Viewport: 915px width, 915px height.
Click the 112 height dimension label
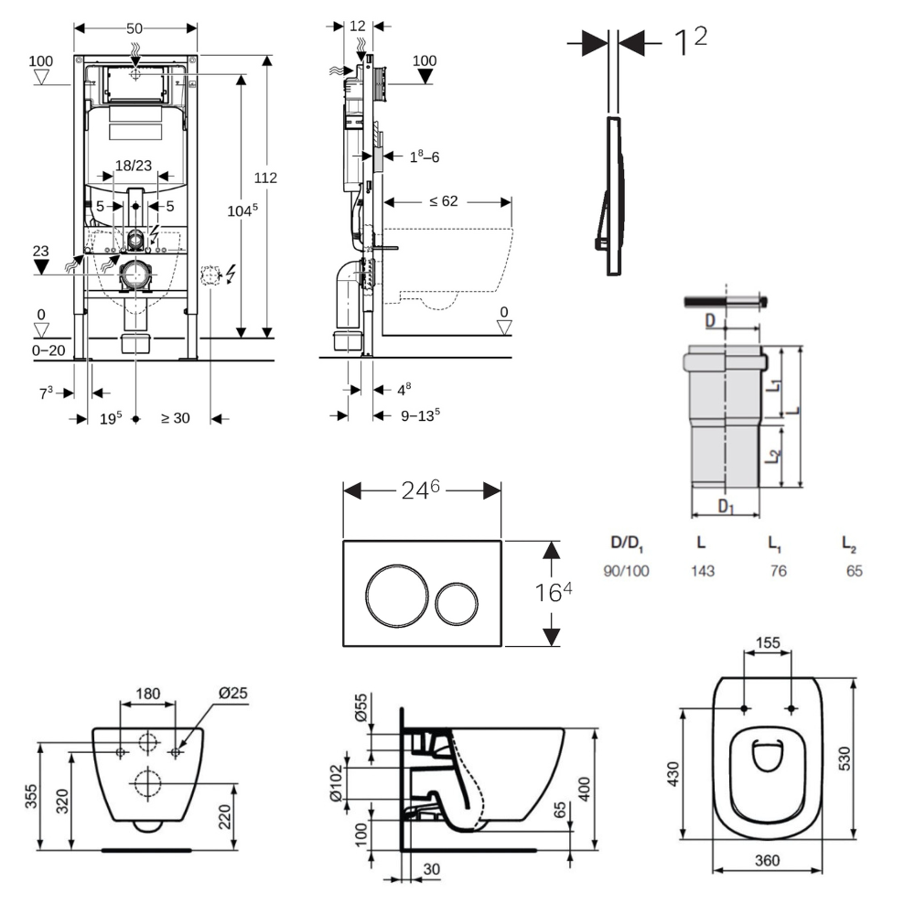(266, 178)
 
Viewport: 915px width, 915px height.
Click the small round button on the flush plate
(456, 601)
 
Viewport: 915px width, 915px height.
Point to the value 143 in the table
(702, 570)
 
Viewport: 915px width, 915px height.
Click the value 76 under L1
(778, 570)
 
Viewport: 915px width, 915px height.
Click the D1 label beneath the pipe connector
(726, 504)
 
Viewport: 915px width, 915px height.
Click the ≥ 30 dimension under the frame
(176, 418)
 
